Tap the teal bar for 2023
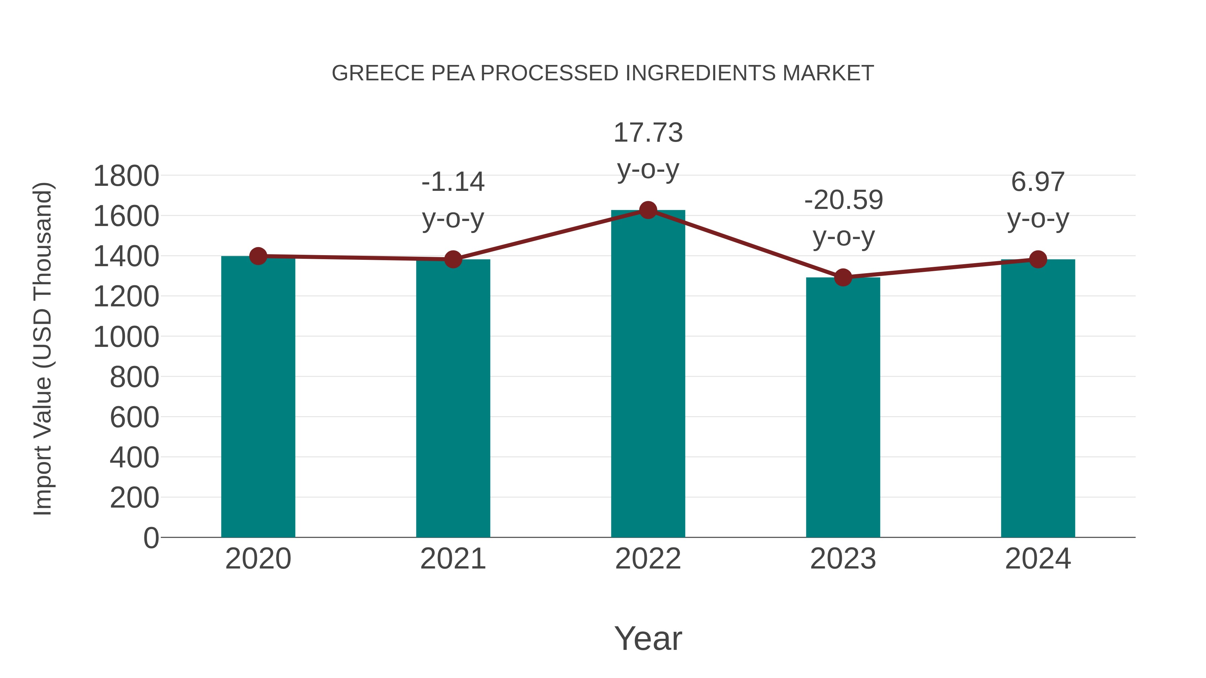click(x=843, y=407)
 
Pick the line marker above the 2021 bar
click(x=453, y=259)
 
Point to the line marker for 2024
click(x=1038, y=259)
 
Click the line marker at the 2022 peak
click(x=648, y=210)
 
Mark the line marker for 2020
click(x=258, y=256)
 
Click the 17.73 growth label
click(x=648, y=133)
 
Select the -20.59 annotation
click(x=843, y=200)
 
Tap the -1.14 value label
click(x=453, y=182)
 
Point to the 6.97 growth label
click(x=1038, y=182)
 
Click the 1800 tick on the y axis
click(x=126, y=177)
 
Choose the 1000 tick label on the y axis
click(x=126, y=337)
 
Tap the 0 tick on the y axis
click(x=151, y=538)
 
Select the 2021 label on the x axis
click(x=453, y=559)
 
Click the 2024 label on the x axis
click(x=1038, y=559)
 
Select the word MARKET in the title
click(x=828, y=73)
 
